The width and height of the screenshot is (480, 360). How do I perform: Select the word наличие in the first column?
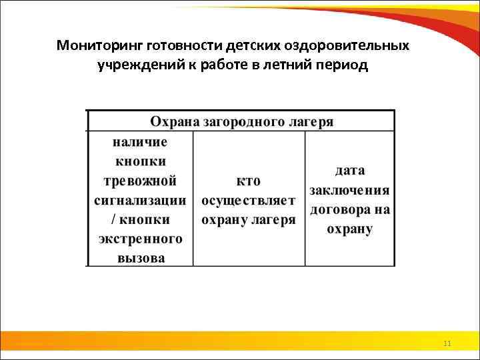coord(140,142)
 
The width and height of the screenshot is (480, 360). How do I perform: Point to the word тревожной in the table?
coord(140,181)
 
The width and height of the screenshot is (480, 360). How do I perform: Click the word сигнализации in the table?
coord(140,200)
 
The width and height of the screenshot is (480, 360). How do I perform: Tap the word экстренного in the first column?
coord(140,239)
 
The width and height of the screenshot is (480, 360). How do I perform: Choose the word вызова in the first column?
coord(140,258)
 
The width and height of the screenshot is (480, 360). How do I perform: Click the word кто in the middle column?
coord(249,181)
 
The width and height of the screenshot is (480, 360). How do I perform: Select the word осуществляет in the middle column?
coord(249,200)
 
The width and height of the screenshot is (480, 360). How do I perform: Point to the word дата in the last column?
coord(349,171)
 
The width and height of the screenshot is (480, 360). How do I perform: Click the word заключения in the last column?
coord(349,190)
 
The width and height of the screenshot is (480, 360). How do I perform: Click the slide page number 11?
coord(447,343)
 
